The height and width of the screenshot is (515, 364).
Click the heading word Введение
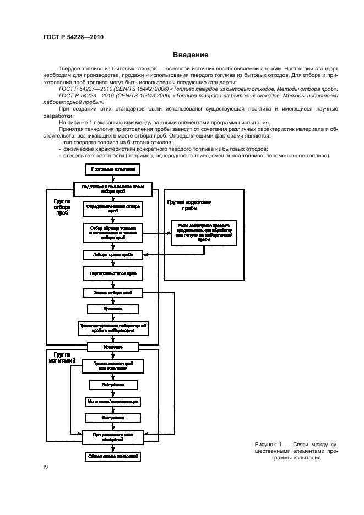coord(191,55)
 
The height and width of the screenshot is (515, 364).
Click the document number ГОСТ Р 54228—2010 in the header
coord(73,37)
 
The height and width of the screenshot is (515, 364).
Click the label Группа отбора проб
coord(62,207)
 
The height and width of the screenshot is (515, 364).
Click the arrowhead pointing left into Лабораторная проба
coord(145,255)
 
